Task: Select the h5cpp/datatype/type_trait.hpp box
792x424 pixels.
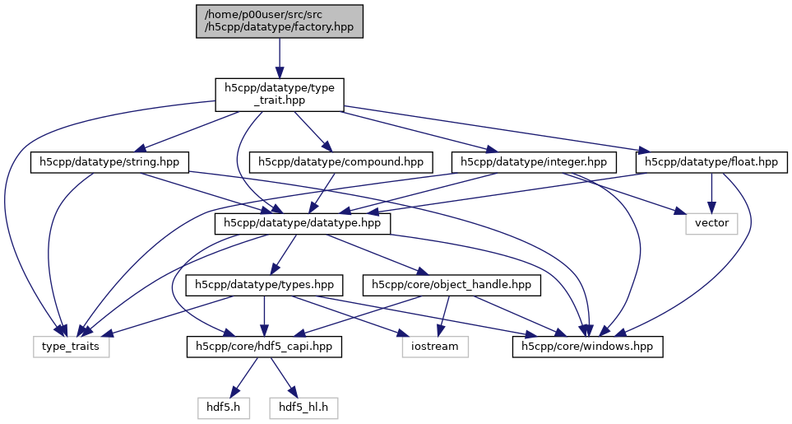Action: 279,95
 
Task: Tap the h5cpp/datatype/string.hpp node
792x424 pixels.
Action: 110,162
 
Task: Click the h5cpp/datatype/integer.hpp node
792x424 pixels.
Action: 535,162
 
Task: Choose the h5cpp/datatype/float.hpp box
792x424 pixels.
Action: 711,162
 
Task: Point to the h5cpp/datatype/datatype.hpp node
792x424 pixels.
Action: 303,223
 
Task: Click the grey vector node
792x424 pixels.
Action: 712,223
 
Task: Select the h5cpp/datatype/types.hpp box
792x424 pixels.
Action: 263,285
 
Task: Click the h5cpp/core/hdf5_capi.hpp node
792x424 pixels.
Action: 263,347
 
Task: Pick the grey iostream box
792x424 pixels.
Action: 435,347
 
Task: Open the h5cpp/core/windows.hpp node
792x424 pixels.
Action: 587,347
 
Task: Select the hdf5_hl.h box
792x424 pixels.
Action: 303,407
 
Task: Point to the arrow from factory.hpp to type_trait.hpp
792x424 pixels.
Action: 280,58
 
